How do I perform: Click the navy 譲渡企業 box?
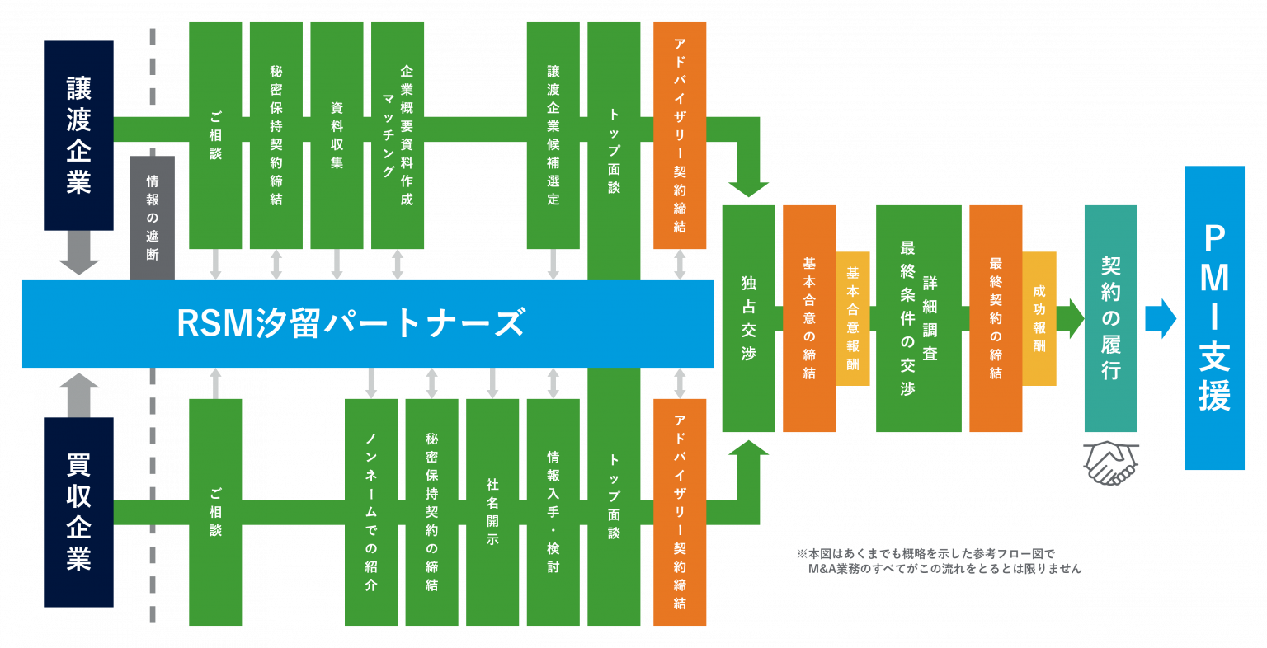click(x=78, y=135)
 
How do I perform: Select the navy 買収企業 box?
click(x=78, y=512)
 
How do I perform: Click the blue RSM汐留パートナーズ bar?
click(x=367, y=323)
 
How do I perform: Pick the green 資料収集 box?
click(x=337, y=135)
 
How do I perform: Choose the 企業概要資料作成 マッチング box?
click(x=398, y=135)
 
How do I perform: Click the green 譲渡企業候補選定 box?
click(x=553, y=135)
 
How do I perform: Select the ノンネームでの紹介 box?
click(x=371, y=512)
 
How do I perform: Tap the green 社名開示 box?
click(x=492, y=512)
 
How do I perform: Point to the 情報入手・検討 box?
click(x=553, y=512)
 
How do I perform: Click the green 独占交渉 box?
click(x=748, y=318)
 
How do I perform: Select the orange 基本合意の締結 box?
click(x=809, y=318)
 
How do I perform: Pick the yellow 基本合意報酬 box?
click(x=853, y=318)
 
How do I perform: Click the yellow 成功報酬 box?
click(x=1039, y=318)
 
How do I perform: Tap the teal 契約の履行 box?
click(x=1110, y=318)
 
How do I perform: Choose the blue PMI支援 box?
click(x=1214, y=318)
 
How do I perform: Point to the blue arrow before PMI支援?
click(x=1160, y=318)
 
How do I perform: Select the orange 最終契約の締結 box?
click(x=996, y=318)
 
